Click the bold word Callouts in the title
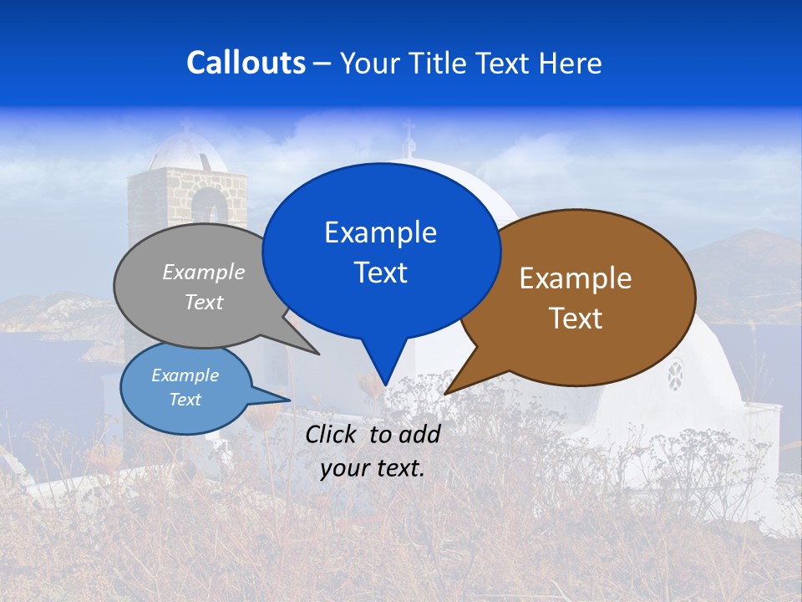click(x=246, y=63)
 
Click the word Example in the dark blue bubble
click(x=380, y=232)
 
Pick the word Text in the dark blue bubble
click(x=380, y=273)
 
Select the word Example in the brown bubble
click(x=576, y=278)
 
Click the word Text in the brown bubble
click(x=576, y=319)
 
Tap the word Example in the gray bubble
click(x=204, y=272)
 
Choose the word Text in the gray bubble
click(x=204, y=302)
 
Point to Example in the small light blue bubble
click(x=185, y=375)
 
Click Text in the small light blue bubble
click(x=185, y=400)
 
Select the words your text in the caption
click(x=373, y=469)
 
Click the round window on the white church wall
click(x=674, y=375)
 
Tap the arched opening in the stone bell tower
click(x=208, y=209)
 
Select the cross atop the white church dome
click(x=408, y=134)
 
